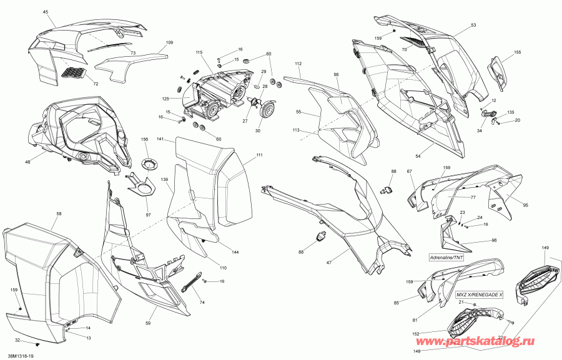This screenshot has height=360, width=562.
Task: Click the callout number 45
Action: (x=46, y=12)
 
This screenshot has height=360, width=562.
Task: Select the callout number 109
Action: (x=169, y=42)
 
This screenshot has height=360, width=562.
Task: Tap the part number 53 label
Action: (x=473, y=25)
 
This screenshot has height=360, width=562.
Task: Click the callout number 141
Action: (x=160, y=139)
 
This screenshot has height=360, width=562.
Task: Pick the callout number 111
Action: (x=259, y=155)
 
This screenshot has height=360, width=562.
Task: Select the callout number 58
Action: (x=59, y=214)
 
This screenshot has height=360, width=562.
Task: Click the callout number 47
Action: (x=329, y=263)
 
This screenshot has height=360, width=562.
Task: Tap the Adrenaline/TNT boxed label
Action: (x=444, y=258)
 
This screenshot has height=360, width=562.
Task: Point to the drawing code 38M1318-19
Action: (x=14, y=357)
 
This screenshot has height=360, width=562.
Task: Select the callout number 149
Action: (x=545, y=248)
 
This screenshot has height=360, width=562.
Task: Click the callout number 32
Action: (x=17, y=340)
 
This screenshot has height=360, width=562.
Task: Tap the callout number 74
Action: (x=202, y=303)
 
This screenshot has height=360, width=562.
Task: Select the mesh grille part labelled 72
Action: (x=74, y=72)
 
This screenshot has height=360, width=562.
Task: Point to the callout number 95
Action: (x=525, y=205)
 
